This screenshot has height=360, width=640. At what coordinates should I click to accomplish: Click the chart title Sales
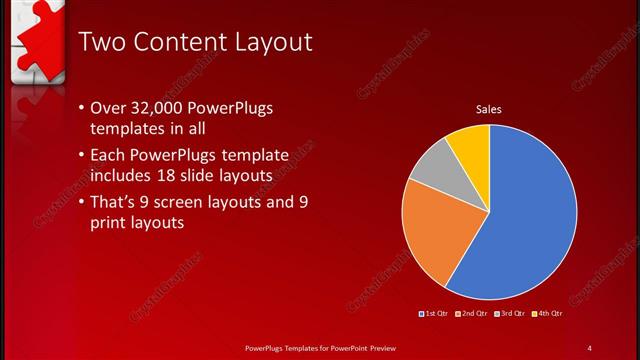[488, 109]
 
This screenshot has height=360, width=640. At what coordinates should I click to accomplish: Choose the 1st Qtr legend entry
[434, 314]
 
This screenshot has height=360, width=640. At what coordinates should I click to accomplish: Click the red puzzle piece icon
[35, 35]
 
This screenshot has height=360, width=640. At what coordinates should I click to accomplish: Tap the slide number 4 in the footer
[590, 348]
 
